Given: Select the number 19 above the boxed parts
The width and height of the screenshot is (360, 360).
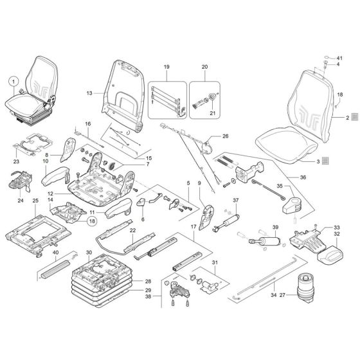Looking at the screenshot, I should tap(166, 67).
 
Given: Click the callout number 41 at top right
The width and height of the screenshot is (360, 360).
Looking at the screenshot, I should tap(340, 59).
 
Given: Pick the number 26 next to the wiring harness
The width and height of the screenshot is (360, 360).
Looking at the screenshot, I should tap(225, 136).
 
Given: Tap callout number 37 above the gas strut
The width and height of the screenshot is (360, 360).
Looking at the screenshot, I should tap(235, 200).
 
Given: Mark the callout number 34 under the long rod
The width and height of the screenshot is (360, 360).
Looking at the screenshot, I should tap(275, 296).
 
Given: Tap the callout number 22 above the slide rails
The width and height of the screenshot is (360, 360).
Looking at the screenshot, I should tap(132, 231).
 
